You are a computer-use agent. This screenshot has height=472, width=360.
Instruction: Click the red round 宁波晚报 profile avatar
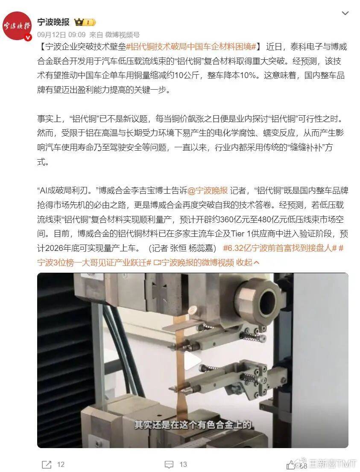pos(17,26)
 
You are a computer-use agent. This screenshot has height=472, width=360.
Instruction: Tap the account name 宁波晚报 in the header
pos(53,22)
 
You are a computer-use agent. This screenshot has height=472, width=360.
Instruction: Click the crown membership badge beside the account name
pos(85,22)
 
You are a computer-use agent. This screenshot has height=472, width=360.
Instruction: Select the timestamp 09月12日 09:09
pos(61,35)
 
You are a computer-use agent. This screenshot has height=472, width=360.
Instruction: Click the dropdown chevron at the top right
pos(345,13)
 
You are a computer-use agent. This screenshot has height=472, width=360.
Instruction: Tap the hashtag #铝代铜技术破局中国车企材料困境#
pos(191,47)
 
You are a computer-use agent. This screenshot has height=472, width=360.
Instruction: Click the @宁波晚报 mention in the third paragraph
pos(208,190)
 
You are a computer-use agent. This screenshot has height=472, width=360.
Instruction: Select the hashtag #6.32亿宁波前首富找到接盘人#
pos(280,248)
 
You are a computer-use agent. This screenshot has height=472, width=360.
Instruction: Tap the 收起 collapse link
pos(248,262)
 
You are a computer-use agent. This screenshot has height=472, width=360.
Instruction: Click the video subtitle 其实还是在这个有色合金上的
pos(193,425)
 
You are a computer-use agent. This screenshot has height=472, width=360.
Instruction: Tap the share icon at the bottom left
pos(47,464)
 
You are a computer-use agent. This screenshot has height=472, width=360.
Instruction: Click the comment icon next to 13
pos(169,464)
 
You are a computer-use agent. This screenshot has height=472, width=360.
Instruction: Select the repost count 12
pos(61,464)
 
